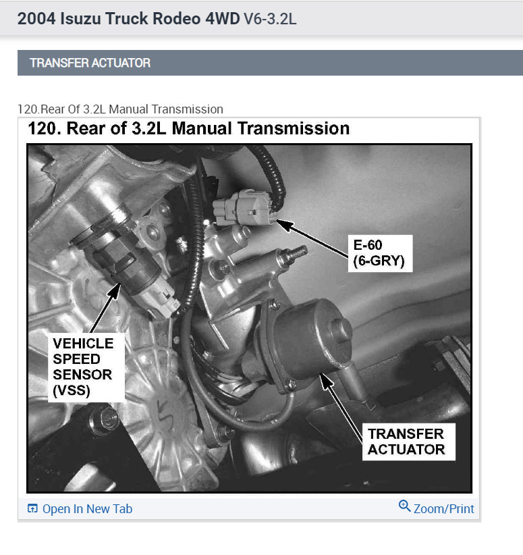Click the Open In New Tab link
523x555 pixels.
87,509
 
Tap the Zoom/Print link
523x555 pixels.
443,509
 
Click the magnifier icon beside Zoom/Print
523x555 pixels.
405,506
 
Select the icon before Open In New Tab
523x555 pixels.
32,509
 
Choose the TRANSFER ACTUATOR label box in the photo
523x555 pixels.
406,441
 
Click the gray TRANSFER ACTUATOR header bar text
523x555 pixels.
90,63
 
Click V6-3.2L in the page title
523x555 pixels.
270,18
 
